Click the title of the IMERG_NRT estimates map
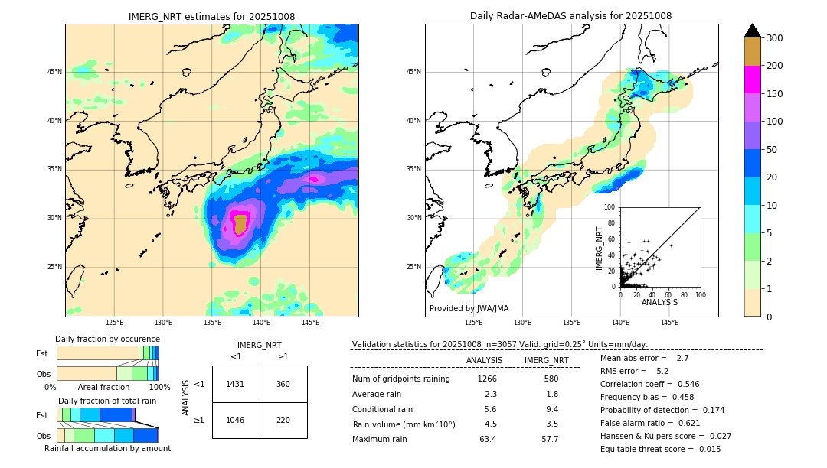pos(211,16)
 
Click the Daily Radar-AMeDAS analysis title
pos(571,16)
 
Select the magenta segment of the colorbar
pos(753,80)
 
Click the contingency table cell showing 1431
pos(235,384)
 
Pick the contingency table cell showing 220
pos(283,420)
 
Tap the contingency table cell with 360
pos(283,384)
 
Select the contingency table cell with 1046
pos(235,420)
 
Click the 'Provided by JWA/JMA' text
pos(469,309)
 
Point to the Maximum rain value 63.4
pos(488,439)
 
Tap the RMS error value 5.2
pos(664,371)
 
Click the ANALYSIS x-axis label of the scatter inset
pos(659,302)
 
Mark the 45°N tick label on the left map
pos(54,72)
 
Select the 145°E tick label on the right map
pos(669,323)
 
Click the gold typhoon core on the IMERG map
pos(240,224)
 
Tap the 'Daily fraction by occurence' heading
pos(107,339)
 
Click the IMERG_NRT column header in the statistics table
pos(546,360)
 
